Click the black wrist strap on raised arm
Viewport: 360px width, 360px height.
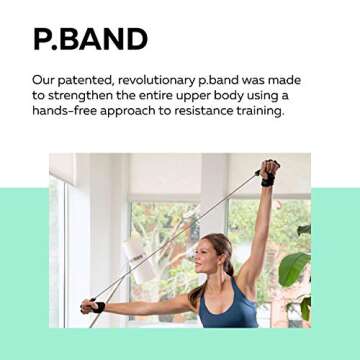268,181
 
